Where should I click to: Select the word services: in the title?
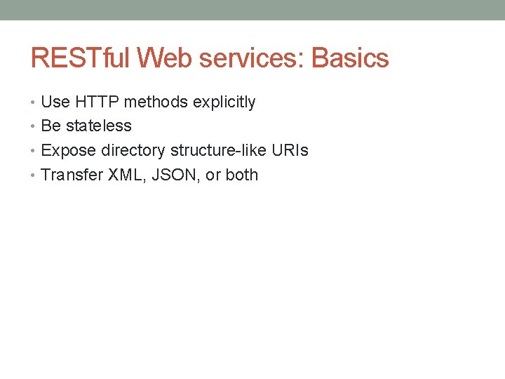tap(248, 58)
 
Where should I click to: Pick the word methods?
tap(156, 102)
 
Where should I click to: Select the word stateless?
tap(99, 126)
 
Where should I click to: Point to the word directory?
tap(133, 151)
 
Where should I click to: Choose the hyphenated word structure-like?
tap(217, 151)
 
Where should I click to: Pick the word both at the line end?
tap(242, 175)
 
